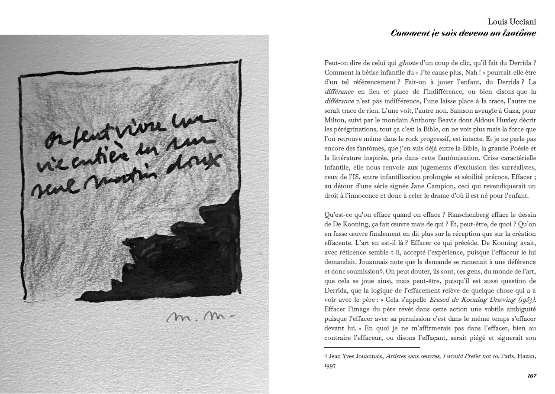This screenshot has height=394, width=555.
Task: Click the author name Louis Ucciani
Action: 512,22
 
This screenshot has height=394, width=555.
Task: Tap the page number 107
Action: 532,376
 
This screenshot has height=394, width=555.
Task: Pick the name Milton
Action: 335,120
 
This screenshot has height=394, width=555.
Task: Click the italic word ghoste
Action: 409,63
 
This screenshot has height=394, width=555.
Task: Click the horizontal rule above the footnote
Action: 372,348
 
